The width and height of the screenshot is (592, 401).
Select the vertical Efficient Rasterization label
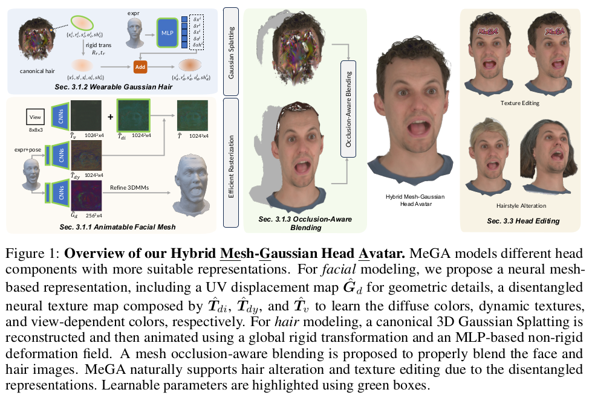coord(230,164)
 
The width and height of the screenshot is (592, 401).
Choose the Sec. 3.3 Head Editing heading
coord(523,221)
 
